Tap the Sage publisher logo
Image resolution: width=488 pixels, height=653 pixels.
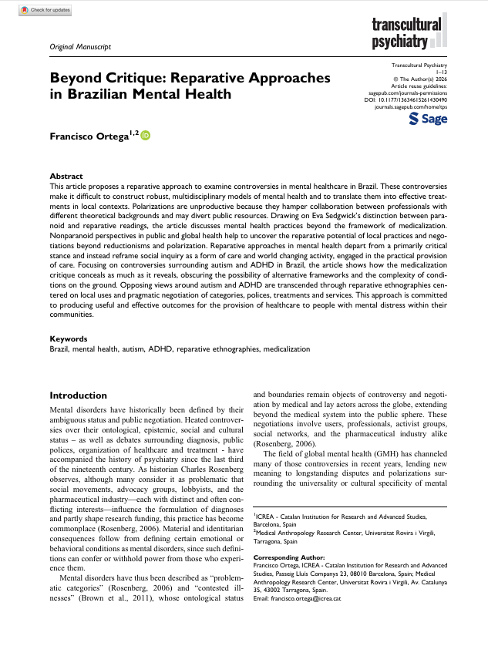(428, 119)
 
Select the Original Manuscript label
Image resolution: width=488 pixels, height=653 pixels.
(80, 46)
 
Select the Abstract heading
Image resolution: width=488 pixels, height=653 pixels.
(66, 177)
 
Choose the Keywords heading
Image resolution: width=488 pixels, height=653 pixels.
(68, 338)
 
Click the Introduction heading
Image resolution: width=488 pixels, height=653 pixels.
(78, 396)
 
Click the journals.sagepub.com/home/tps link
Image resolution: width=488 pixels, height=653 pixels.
(410, 108)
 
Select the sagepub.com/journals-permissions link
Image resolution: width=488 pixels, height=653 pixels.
(406, 93)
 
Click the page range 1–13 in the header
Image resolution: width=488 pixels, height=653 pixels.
(441, 72)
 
